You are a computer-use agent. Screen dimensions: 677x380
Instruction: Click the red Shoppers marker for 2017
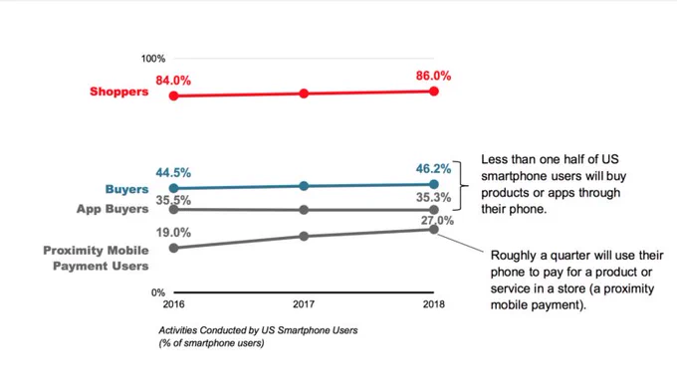[x=304, y=94]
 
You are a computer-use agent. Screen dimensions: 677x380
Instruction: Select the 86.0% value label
[x=433, y=76]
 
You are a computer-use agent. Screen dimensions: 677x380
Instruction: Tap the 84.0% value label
[x=173, y=81]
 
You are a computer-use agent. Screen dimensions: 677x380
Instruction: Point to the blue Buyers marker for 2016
[x=173, y=188]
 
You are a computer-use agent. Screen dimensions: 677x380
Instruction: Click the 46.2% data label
[x=433, y=169]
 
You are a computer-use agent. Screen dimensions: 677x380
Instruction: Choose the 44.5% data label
[x=173, y=173]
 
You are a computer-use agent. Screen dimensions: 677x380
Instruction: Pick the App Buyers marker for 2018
[x=434, y=210]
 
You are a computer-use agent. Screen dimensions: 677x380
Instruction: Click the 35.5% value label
[x=173, y=200]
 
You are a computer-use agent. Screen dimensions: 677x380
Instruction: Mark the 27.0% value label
[x=437, y=221]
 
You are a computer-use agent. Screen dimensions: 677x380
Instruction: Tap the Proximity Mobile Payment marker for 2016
[x=173, y=248]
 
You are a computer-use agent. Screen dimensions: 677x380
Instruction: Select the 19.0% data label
[x=173, y=233]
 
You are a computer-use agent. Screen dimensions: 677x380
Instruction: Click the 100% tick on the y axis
[x=153, y=59]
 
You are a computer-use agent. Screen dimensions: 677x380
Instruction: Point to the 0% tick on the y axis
[x=158, y=292]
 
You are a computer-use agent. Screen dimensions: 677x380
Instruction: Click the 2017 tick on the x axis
[x=304, y=304]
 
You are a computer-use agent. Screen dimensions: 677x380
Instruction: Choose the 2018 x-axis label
[x=433, y=304]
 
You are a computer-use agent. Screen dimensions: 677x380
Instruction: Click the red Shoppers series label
[x=119, y=92]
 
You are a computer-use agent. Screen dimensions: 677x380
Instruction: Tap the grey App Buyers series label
[x=113, y=209]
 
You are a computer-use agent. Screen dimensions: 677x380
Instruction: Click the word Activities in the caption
[x=178, y=330]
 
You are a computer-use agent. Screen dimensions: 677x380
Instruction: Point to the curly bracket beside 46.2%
[x=463, y=186]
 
